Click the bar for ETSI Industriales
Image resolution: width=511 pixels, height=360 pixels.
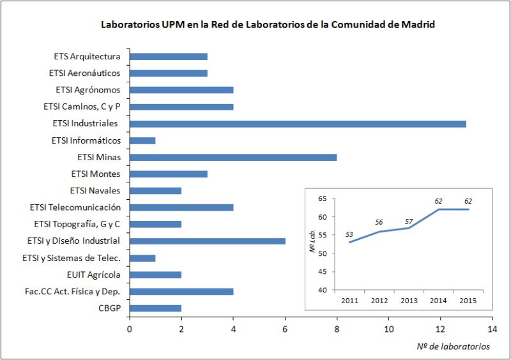[298, 123]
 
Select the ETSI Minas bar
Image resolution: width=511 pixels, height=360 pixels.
[233, 157]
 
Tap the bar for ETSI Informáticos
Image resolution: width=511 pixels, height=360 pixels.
[142, 140]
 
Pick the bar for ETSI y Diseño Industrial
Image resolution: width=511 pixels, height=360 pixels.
[208, 241]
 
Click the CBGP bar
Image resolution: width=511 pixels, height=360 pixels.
[156, 308]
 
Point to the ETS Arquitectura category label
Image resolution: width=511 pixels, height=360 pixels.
[87, 56]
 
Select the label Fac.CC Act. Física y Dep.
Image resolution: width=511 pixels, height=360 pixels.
[76, 292]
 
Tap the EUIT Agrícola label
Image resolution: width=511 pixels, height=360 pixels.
[93, 275]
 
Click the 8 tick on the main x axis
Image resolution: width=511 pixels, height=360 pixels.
[337, 329]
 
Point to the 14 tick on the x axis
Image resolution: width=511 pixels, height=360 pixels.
[491, 329]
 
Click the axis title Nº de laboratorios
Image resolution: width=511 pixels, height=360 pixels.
[453, 347]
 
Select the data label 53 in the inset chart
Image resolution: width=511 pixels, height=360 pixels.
[349, 234]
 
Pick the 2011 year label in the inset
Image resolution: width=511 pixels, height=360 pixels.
[349, 300]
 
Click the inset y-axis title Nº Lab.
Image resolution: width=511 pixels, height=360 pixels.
[313, 245]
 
